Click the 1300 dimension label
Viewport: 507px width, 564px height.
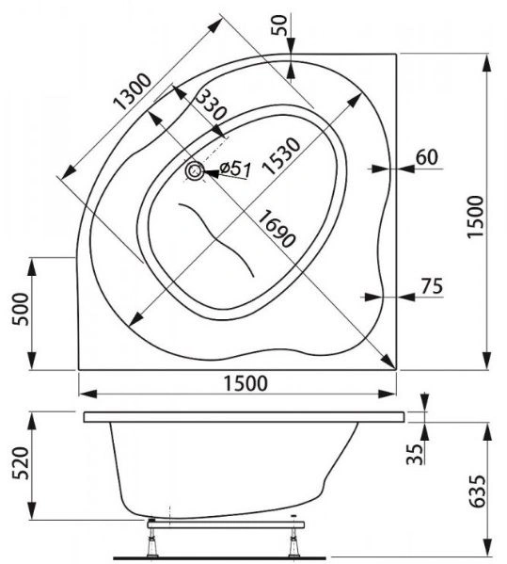tap(133, 91)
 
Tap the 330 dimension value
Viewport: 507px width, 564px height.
tap(212, 105)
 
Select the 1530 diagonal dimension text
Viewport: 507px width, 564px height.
tap(280, 155)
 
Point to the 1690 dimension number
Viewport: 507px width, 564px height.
tap(277, 229)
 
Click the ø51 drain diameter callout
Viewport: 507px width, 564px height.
tap(235, 169)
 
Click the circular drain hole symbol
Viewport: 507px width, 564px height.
tap(195, 170)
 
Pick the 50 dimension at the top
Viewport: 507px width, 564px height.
tap(279, 25)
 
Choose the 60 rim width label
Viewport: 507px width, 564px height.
tap(427, 157)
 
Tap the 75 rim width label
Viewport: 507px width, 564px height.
tap(433, 286)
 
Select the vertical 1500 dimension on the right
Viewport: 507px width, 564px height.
tap(475, 217)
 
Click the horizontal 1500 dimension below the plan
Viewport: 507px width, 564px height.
tap(246, 383)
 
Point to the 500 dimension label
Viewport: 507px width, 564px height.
tap(20, 310)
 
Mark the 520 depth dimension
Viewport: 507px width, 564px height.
tap(20, 463)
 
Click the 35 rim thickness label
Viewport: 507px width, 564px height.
tap(415, 454)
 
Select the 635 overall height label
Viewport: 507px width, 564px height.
tap(478, 491)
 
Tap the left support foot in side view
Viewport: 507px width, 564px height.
tap(153, 544)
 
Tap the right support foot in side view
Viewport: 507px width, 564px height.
tap(293, 544)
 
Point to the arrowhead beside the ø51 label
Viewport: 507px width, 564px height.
tap(212, 173)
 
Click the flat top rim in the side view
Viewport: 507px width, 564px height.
tap(244, 417)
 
